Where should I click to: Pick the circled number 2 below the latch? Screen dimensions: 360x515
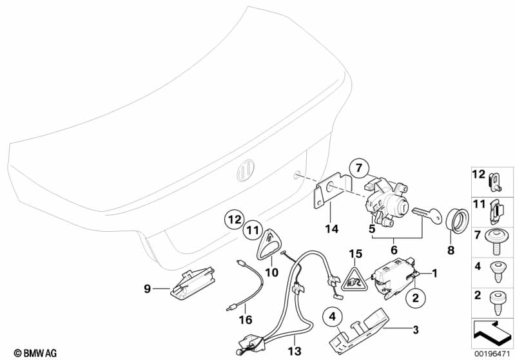(x=415, y=297)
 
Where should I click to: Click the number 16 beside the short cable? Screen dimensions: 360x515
(x=245, y=318)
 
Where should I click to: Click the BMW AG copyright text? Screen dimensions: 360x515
(x=31, y=352)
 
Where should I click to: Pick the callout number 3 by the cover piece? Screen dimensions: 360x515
(x=416, y=330)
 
